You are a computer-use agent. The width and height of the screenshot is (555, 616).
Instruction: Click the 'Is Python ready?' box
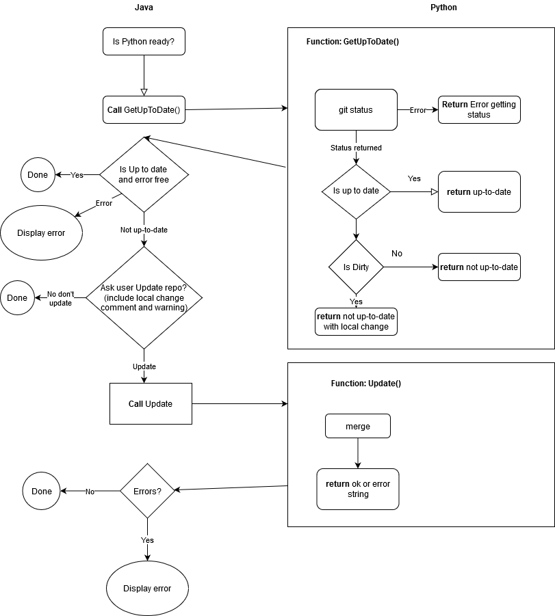point(144,42)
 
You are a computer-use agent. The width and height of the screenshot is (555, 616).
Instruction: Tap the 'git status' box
point(356,109)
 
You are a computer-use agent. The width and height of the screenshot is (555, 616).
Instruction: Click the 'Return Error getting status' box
point(479,109)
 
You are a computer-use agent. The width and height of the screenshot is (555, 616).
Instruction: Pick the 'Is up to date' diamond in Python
point(356,191)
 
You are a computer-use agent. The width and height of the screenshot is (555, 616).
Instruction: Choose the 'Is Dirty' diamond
point(356,267)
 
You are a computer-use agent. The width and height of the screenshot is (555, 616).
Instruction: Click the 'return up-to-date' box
point(479,191)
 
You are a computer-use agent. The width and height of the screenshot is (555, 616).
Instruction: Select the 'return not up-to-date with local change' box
point(356,321)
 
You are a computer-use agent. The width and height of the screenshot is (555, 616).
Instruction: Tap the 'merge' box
point(357,426)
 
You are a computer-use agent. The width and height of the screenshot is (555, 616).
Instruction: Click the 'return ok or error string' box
point(357,489)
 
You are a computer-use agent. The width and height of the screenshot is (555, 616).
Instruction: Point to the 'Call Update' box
point(151,403)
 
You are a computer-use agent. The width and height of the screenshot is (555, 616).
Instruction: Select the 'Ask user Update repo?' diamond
point(144,297)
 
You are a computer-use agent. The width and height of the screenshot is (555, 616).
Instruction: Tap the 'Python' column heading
point(443,8)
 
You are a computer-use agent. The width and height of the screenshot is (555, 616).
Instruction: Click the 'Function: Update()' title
point(365,383)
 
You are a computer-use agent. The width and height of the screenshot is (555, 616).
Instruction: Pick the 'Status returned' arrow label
point(356,148)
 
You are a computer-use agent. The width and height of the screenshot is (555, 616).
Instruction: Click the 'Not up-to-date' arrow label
point(144,230)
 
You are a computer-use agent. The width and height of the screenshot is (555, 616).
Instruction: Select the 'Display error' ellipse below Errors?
point(147,589)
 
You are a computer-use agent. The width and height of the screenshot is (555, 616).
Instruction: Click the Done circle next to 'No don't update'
point(17,297)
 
